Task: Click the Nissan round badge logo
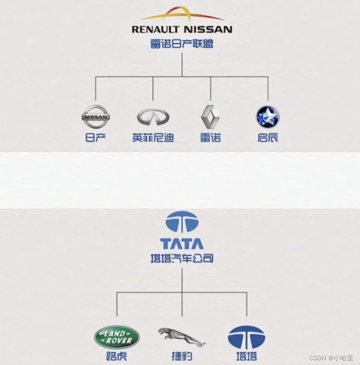(x=96, y=117)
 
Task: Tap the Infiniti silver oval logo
(x=153, y=117)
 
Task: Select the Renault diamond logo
(x=210, y=117)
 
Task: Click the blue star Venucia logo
(x=268, y=117)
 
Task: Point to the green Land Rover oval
(x=117, y=338)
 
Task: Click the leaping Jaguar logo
(x=181, y=336)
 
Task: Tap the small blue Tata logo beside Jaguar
(x=246, y=338)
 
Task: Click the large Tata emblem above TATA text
(x=182, y=222)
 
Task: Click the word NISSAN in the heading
(x=208, y=29)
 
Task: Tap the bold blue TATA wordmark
(x=182, y=244)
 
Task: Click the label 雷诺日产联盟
(x=182, y=44)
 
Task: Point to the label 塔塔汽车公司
(x=182, y=258)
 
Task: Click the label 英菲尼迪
(x=153, y=138)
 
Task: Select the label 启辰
(x=268, y=138)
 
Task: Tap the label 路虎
(x=117, y=356)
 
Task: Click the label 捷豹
(x=181, y=356)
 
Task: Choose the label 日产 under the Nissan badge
(x=96, y=138)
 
